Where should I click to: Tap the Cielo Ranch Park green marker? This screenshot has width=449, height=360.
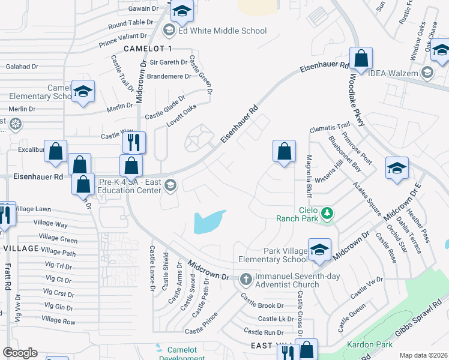point(327,213)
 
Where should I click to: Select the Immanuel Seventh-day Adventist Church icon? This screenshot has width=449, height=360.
point(245,279)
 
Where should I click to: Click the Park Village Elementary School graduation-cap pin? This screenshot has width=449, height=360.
point(319,250)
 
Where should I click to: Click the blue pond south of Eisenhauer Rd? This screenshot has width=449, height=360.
point(209,221)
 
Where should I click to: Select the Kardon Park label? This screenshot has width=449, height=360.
point(370,344)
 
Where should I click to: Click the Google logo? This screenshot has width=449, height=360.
point(20,352)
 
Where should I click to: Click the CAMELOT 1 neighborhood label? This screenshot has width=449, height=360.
point(147,48)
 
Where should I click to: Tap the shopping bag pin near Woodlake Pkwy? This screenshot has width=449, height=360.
point(361,59)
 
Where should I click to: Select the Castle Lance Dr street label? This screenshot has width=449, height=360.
point(152,268)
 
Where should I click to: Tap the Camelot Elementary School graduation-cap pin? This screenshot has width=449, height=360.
point(83,92)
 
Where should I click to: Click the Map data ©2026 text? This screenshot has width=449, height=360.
point(423,355)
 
